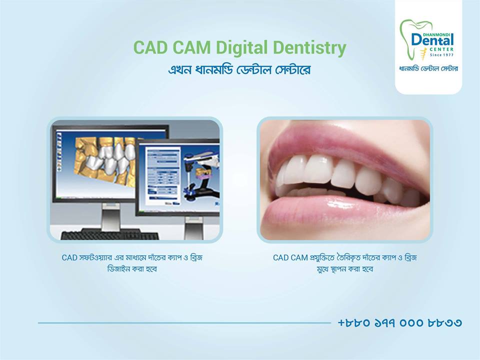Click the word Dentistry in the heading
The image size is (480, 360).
coord(309,48)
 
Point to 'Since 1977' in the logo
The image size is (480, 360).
coord(441,55)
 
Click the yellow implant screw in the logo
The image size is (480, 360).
coord(424,54)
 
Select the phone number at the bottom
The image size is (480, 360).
coord(399,322)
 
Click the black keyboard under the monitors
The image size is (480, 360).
coord(109,234)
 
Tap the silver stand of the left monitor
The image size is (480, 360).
coord(111,216)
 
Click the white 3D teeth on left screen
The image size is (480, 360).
coord(110,157)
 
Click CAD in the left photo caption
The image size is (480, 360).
coord(69,258)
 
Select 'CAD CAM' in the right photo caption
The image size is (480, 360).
coord(290,258)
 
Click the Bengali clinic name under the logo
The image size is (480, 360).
coord(428,68)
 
